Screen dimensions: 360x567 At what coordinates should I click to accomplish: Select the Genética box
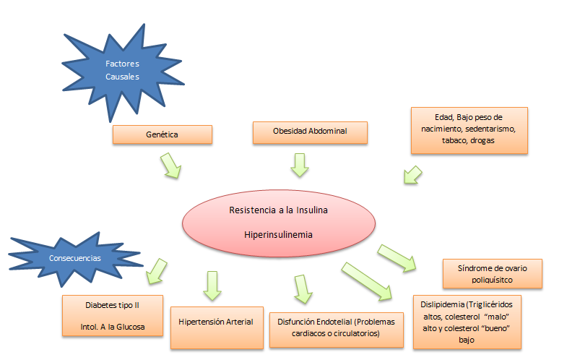pyautogui.click(x=162, y=134)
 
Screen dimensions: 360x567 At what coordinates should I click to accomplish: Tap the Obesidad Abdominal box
pyautogui.click(x=310, y=132)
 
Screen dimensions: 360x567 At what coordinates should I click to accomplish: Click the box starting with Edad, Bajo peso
pyautogui.click(x=469, y=130)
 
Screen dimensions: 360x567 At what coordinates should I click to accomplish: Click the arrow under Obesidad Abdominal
pyautogui.click(x=299, y=164)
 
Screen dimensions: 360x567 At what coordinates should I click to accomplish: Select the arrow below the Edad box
pyautogui.click(x=412, y=175)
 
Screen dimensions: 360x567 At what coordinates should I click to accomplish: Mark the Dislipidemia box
pyautogui.click(x=467, y=322)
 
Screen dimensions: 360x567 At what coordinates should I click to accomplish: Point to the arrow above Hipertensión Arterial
pyautogui.click(x=212, y=285)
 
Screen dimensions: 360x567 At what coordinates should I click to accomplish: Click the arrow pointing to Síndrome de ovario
pyautogui.click(x=397, y=257)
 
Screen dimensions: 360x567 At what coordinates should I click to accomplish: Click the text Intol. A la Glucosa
pyautogui.click(x=113, y=327)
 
